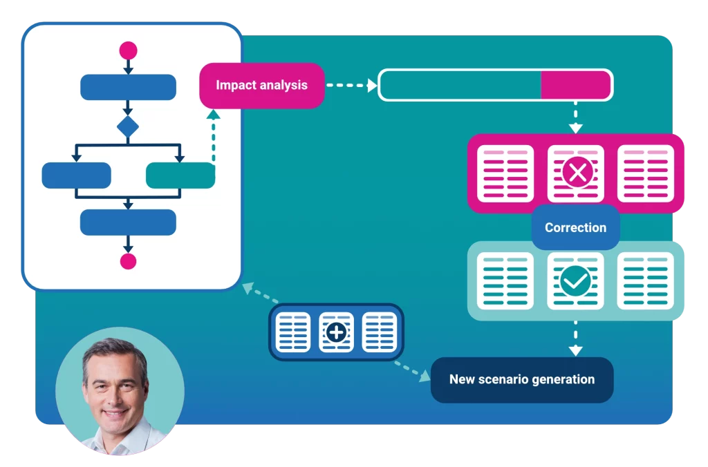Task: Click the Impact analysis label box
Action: click(261, 86)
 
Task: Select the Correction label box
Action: click(575, 227)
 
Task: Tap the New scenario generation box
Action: click(522, 379)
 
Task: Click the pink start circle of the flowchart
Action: click(128, 50)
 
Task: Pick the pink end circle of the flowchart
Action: click(128, 261)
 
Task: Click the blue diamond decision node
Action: click(128, 127)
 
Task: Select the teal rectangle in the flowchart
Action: click(180, 175)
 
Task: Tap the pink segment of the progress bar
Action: click(575, 85)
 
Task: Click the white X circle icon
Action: click(576, 173)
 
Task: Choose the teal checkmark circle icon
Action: click(575, 281)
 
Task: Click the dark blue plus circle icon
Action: click(336, 332)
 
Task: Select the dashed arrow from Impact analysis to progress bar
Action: click(351, 86)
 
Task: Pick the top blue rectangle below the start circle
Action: click(128, 87)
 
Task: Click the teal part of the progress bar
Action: click(460, 85)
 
